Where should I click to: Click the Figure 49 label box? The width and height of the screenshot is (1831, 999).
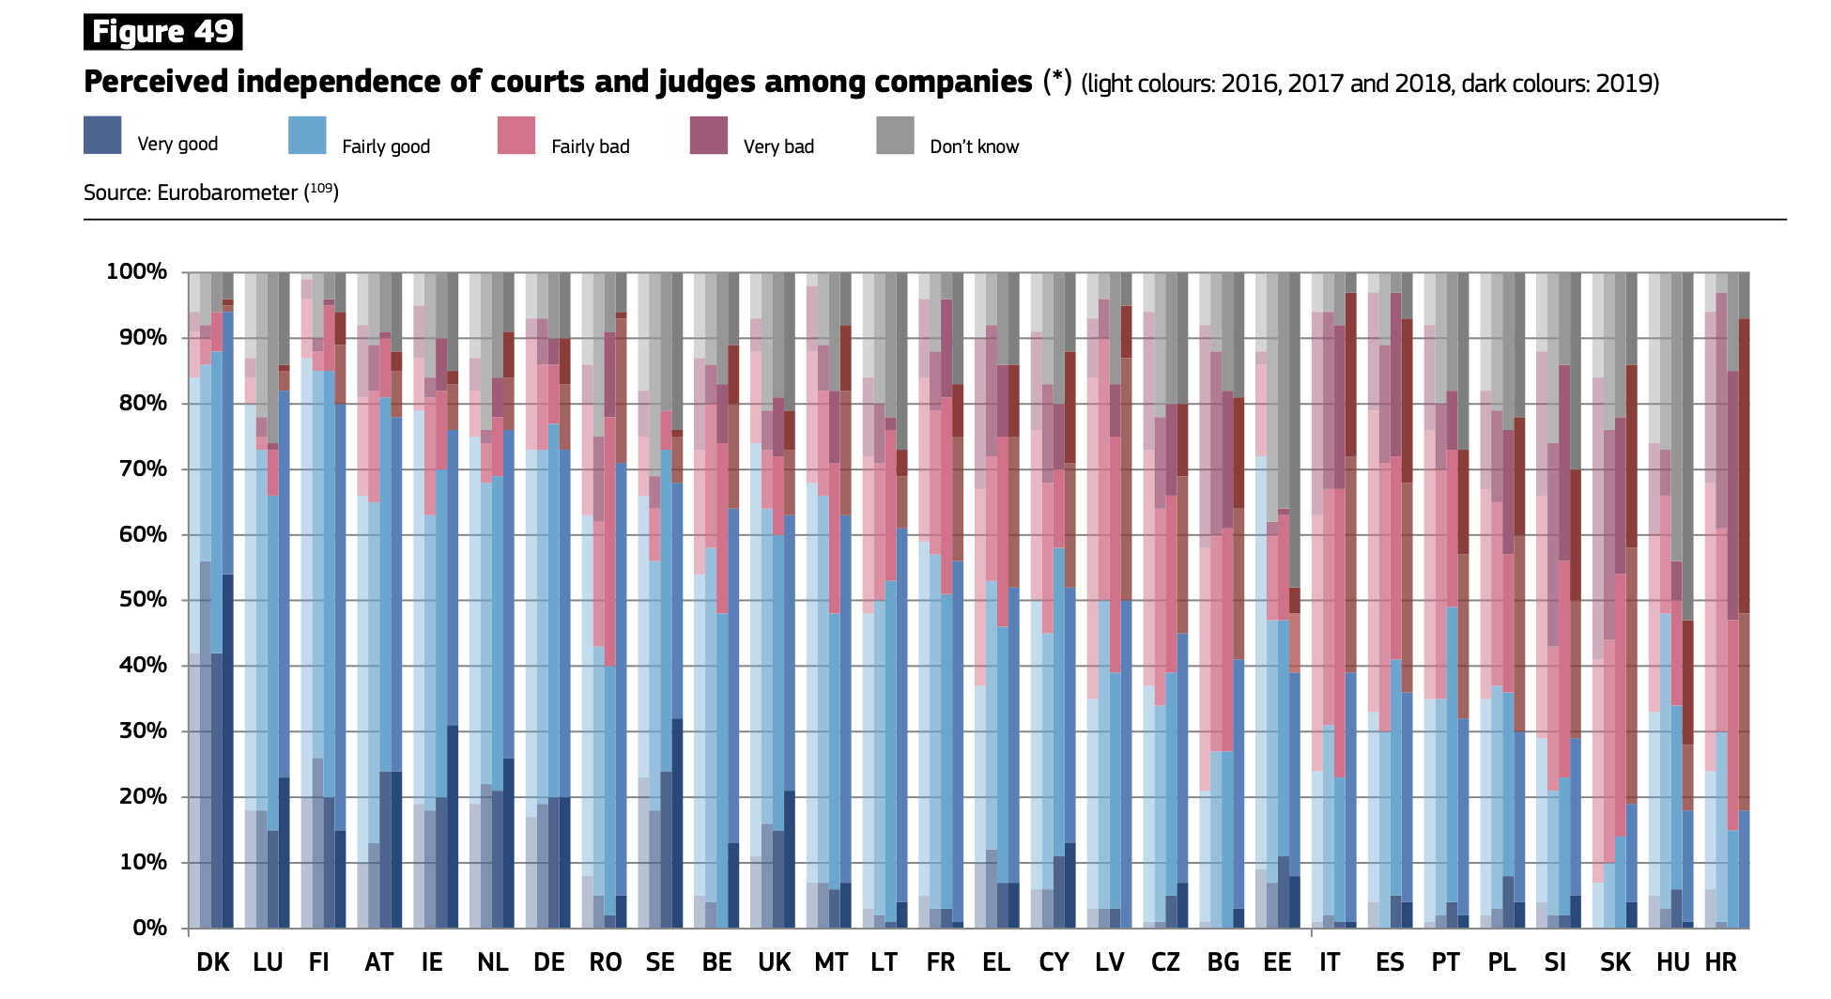pyautogui.click(x=162, y=32)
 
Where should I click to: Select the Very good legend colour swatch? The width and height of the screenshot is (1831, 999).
pyautogui.click(x=102, y=135)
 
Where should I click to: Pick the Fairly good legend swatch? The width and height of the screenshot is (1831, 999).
pyautogui.click(x=308, y=135)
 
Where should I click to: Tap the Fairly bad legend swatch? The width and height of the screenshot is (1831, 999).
pyautogui.click(x=516, y=135)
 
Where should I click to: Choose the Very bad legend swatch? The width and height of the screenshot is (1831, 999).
pyautogui.click(x=709, y=135)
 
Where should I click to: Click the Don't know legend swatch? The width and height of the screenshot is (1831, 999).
pyautogui.click(x=895, y=135)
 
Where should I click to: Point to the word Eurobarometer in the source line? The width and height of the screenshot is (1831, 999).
pyautogui.click(x=227, y=193)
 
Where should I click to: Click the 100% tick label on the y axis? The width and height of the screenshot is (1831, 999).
pyautogui.click(x=137, y=272)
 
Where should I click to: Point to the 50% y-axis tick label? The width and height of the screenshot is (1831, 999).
pyautogui.click(x=143, y=600)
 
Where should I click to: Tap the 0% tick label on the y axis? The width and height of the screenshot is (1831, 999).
pyautogui.click(x=149, y=928)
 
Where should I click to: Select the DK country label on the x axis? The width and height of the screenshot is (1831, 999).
pyautogui.click(x=212, y=962)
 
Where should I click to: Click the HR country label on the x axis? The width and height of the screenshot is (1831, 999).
pyautogui.click(x=1720, y=962)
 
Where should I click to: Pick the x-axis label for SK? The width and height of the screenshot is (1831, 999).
pyautogui.click(x=1615, y=962)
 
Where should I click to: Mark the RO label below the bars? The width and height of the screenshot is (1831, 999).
pyautogui.click(x=606, y=962)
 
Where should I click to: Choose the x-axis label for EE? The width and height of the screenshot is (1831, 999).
pyautogui.click(x=1277, y=962)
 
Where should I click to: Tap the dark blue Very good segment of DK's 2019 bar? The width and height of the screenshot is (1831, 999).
pyautogui.click(x=228, y=751)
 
